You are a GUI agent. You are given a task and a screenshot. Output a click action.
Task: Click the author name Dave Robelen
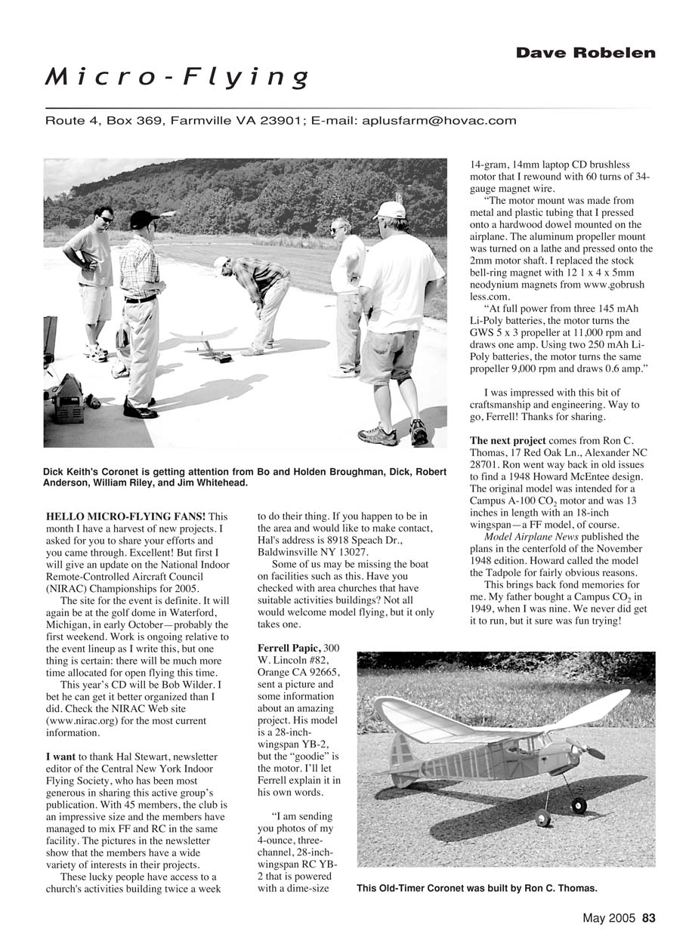pyautogui.click(x=585, y=53)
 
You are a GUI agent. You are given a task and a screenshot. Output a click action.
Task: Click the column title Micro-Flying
pyautogui.click(x=177, y=76)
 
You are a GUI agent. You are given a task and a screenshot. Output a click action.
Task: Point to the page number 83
pyautogui.click(x=648, y=919)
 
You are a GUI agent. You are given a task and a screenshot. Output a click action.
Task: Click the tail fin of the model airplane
pyautogui.click(x=401, y=750)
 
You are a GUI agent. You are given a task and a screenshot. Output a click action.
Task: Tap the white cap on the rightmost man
pyautogui.click(x=391, y=209)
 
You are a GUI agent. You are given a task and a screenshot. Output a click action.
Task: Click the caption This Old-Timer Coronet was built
pyautogui.click(x=477, y=888)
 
